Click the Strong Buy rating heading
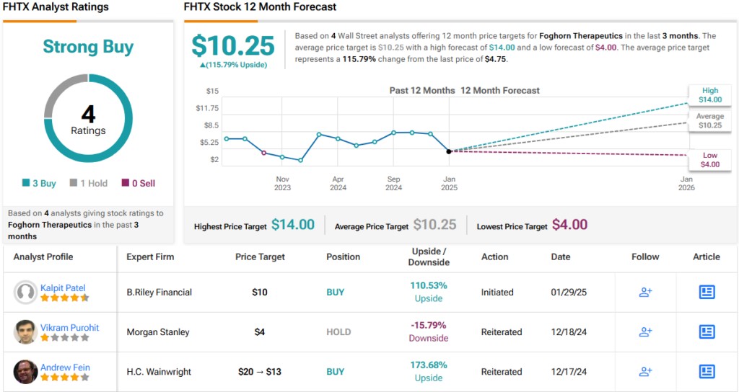(88, 47)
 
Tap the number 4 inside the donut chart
(88, 115)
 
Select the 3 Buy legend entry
(39, 183)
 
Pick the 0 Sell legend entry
(138, 183)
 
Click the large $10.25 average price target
(233, 45)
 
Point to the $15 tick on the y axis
(212, 91)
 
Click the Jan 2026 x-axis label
(686, 183)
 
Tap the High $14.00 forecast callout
(709, 95)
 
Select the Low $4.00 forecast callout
(709, 160)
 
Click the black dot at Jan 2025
(449, 151)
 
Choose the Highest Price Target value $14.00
(293, 225)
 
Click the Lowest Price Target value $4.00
(569, 225)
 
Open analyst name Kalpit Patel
(63, 288)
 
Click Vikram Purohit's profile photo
(25, 331)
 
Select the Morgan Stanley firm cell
(158, 332)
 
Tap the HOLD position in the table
(338, 332)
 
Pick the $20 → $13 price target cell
(260, 372)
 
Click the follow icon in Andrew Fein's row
(645, 372)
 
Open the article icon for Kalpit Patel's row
(707, 292)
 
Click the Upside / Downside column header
(429, 257)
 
